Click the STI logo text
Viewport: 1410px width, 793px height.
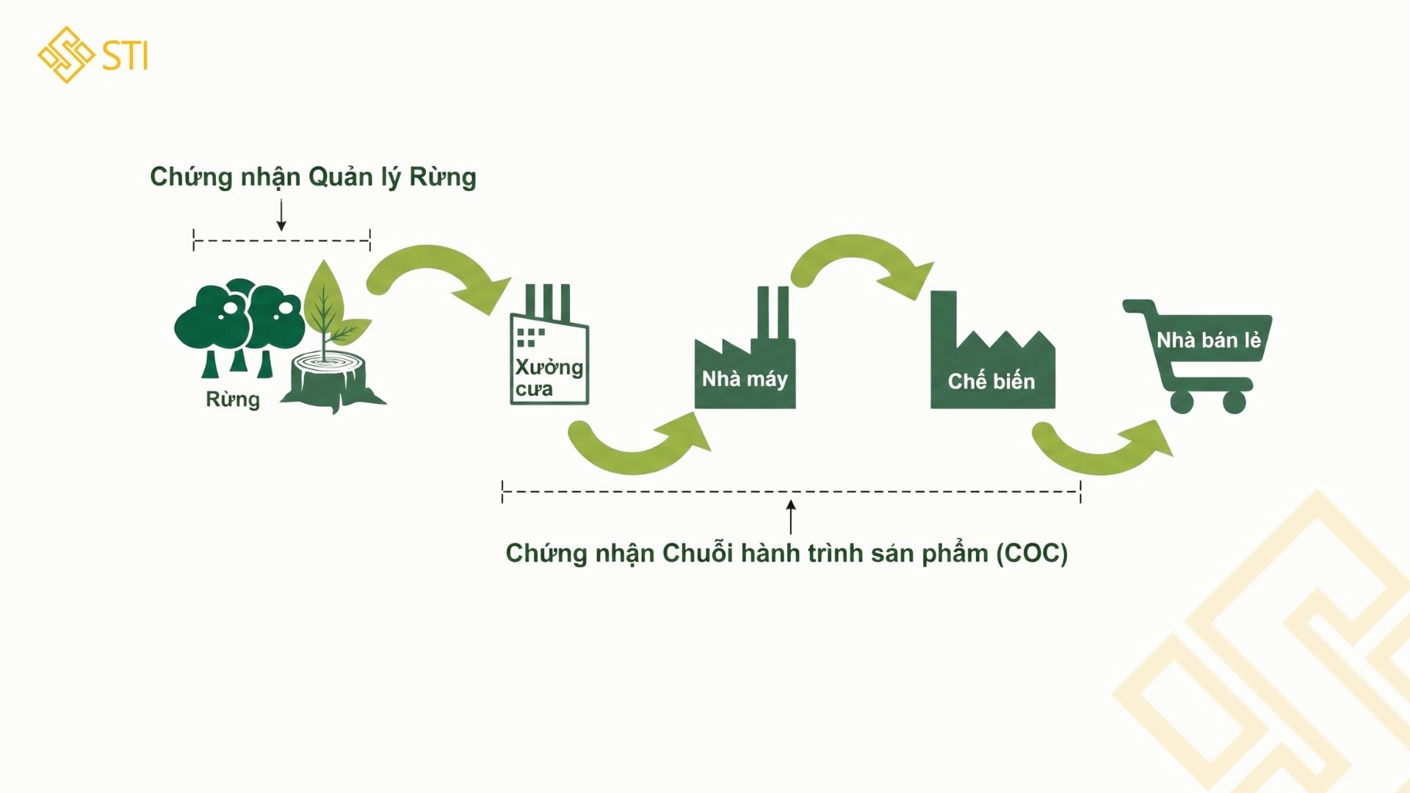tap(125, 56)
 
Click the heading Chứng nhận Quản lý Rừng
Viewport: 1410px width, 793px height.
tap(313, 177)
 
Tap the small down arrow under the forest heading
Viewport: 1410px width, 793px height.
tap(281, 216)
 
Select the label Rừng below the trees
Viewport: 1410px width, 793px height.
tap(233, 399)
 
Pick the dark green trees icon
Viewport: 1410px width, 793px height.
tap(239, 323)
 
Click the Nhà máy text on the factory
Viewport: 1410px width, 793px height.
tap(745, 379)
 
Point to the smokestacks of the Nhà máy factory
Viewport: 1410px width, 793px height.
tap(773, 312)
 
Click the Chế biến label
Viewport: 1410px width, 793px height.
tap(991, 382)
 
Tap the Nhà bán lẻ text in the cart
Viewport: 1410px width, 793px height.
tap(1209, 340)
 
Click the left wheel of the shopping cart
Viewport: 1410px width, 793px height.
tap(1182, 402)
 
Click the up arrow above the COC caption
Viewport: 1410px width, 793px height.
tap(791, 517)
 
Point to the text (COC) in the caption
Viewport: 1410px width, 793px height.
tap(1032, 553)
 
